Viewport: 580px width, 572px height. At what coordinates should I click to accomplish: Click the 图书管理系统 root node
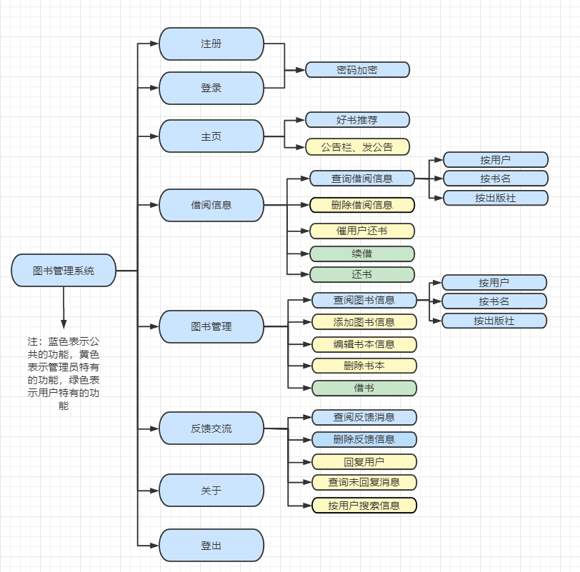(x=64, y=271)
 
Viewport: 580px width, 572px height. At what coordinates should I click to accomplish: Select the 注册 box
(x=211, y=44)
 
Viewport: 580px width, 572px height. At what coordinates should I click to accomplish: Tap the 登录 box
(x=211, y=88)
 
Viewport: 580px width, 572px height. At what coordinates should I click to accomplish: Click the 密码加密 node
(x=357, y=69)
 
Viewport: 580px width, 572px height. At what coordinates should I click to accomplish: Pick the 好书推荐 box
(x=357, y=119)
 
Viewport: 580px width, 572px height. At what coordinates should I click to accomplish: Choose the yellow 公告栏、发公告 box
(x=357, y=147)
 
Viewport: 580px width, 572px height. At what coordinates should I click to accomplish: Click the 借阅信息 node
(x=211, y=205)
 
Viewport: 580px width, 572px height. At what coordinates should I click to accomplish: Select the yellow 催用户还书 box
(x=362, y=231)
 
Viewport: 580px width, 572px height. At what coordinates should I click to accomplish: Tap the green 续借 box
(x=362, y=254)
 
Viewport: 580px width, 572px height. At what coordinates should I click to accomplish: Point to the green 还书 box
(x=362, y=274)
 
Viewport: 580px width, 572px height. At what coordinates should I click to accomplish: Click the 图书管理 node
(x=211, y=326)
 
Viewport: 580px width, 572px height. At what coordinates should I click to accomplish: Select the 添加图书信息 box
(x=364, y=321)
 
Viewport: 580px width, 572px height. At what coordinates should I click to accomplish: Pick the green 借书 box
(x=364, y=388)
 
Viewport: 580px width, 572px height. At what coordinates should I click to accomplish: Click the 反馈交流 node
(x=211, y=429)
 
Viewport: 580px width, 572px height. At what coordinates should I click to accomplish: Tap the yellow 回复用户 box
(x=364, y=461)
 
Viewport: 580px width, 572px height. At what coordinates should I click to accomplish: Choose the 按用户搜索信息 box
(x=364, y=506)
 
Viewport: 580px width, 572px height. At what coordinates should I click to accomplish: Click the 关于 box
(x=211, y=491)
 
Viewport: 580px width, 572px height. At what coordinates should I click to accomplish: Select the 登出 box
(x=211, y=546)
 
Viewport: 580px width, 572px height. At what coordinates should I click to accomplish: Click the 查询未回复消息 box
(x=364, y=482)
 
